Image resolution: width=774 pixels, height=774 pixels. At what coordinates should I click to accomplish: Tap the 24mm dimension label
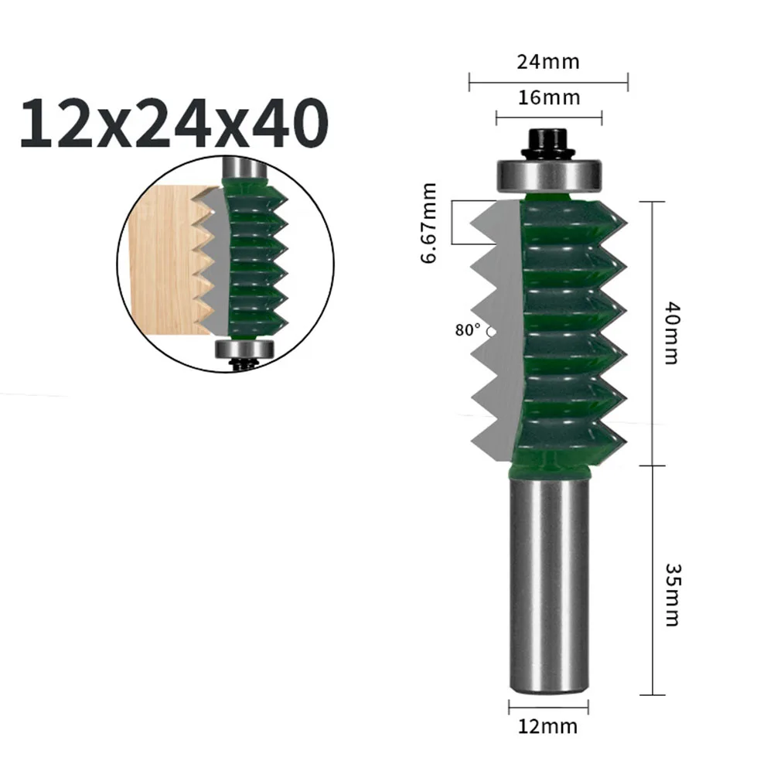click(548, 62)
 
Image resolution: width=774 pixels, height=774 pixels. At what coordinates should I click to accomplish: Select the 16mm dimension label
click(548, 98)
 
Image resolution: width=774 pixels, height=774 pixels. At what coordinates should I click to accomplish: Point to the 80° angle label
click(468, 329)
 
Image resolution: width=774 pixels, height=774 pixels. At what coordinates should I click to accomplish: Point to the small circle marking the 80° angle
click(492, 331)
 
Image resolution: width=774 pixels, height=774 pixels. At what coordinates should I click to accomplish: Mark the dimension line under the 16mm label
click(548, 118)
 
